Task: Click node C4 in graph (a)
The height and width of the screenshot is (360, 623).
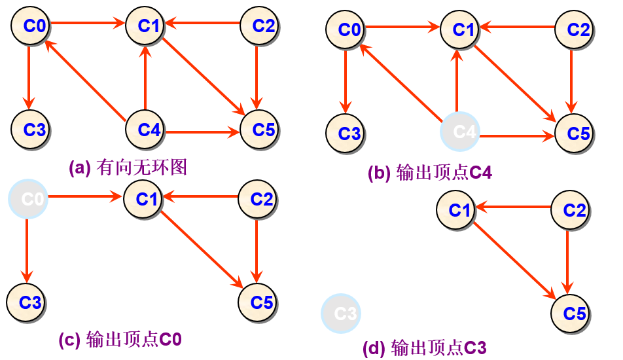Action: coord(145,129)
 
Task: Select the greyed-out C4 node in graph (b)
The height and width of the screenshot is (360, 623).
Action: coord(459,132)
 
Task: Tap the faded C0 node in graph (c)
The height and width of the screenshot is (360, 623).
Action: coord(27,199)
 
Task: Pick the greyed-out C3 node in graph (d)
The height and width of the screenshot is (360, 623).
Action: coord(340,314)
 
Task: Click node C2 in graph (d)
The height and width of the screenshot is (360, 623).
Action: coord(571,210)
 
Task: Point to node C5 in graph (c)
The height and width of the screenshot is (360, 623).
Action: coord(258,302)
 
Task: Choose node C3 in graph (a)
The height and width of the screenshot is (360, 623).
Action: coord(31,129)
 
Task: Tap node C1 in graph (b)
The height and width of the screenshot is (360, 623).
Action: coord(459,29)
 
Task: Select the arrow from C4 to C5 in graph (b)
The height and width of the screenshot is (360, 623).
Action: coord(517,136)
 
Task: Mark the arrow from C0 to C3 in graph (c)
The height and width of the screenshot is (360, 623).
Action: coord(27,250)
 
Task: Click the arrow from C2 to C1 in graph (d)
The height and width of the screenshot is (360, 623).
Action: coord(513,207)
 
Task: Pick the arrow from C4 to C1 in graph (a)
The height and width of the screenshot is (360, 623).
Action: coord(145,78)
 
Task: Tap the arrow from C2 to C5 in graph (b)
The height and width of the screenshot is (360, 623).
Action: coord(571,81)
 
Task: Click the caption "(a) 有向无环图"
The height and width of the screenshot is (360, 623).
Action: coord(128,168)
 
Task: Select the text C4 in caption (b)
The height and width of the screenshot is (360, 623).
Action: coord(481,172)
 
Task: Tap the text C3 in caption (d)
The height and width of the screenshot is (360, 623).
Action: coord(475,348)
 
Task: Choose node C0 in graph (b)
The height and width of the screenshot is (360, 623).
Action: coord(346,29)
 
